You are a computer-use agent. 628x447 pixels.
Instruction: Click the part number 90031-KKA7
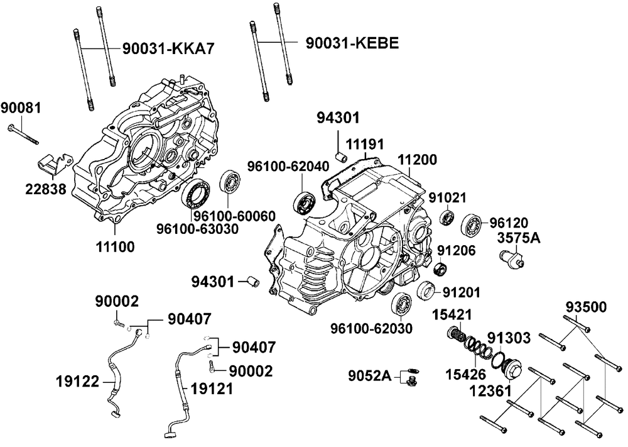[x=168, y=49]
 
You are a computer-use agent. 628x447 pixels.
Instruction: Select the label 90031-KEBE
[x=352, y=43]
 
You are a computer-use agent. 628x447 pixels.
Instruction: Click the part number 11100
[x=115, y=247]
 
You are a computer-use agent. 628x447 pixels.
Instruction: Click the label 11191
[x=365, y=145]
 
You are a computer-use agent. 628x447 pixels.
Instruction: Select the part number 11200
[x=418, y=160]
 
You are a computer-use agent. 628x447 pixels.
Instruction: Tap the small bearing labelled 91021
[x=447, y=218]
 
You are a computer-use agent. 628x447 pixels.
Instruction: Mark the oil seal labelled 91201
[x=425, y=290]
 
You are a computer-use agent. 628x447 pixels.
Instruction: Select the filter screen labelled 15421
[x=456, y=334]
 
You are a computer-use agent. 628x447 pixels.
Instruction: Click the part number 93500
[x=586, y=307]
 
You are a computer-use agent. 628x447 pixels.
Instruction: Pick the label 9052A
[x=369, y=375]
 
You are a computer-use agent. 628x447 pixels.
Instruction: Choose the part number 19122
[x=77, y=381]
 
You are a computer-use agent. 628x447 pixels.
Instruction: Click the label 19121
[x=212, y=389]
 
